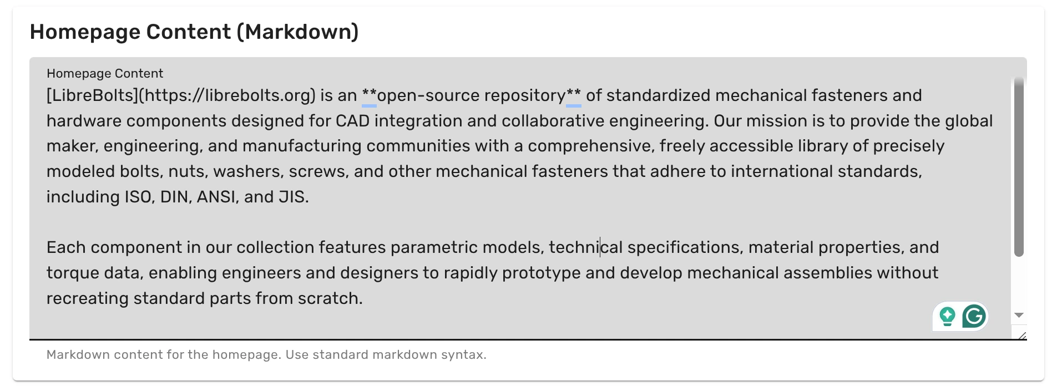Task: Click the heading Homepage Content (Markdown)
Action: coord(194,32)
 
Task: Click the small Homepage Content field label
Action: coord(105,73)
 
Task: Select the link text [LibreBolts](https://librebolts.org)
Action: coord(181,96)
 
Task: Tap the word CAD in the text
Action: coord(352,121)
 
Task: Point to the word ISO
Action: coord(137,197)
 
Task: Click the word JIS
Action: coord(292,197)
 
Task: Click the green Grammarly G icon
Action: coord(974,316)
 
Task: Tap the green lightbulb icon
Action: coord(947,317)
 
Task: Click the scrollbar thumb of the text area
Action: coord(1019,166)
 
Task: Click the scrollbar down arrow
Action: coord(1019,315)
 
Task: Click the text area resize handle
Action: coord(1022,336)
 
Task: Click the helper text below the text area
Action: coord(266,355)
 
